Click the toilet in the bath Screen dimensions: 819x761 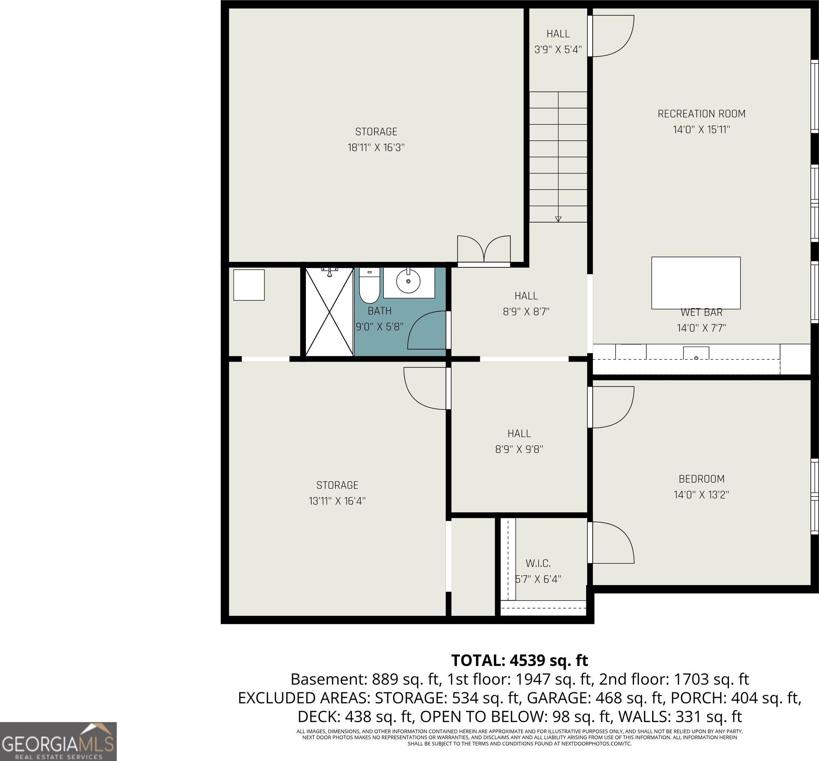[369, 286]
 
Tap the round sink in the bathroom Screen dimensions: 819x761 [408, 281]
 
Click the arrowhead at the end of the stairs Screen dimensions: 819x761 [558, 219]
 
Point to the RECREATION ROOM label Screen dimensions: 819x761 [702, 114]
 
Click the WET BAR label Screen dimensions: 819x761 [701, 313]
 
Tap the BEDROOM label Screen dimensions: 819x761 [702, 479]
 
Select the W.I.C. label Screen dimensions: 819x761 [538, 563]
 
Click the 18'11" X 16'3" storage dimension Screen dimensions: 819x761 [376, 147]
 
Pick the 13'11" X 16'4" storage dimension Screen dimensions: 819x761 [337, 501]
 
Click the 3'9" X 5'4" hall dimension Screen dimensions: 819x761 [558, 49]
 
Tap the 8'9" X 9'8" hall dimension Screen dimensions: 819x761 [519, 449]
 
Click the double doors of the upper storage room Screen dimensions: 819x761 [484, 250]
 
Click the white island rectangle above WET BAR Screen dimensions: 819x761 [696, 283]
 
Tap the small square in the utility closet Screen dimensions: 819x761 [249, 285]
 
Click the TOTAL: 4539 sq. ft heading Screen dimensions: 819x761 [519, 660]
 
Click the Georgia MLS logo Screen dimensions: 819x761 [58, 742]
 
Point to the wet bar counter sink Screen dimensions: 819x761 [696, 353]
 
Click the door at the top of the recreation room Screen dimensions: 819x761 [611, 36]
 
